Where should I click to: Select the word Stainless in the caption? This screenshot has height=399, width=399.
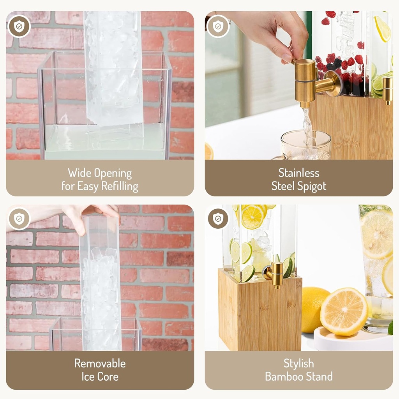click(299, 173)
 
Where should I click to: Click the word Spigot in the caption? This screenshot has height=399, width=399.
click(311, 186)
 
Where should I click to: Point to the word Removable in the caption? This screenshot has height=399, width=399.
click(100, 364)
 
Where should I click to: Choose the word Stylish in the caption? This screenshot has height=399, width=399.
click(299, 364)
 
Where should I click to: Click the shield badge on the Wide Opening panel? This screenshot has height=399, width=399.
click(19, 26)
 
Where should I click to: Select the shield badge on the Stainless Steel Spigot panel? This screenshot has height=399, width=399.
click(218, 26)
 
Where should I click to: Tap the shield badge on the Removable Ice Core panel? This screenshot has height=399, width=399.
click(19, 219)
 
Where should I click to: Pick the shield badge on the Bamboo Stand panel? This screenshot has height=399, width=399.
click(218, 219)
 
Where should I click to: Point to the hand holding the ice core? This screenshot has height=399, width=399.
click(92, 216)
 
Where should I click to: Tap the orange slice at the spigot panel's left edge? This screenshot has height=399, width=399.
click(209, 151)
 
